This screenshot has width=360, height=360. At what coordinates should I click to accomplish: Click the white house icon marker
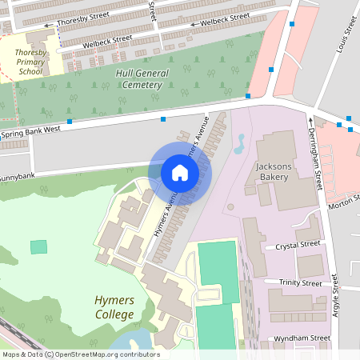pos(180,172)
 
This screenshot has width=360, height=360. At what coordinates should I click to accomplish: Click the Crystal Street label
pos(297,245)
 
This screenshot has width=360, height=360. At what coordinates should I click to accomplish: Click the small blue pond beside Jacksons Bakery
pos(238,144)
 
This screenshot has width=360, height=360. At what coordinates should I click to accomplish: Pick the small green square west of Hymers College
pos(38,246)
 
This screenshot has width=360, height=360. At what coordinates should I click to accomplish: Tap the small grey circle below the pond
pos(230,207)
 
